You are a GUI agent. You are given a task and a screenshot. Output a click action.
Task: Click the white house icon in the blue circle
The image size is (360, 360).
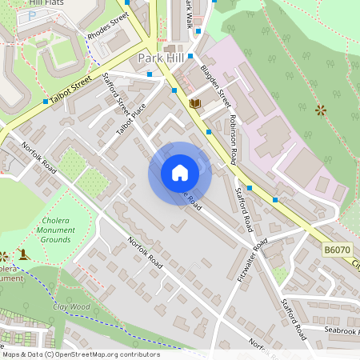pyautogui.click(x=179, y=173)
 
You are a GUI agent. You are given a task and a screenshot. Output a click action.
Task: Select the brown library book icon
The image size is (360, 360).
pyautogui.click(x=194, y=103)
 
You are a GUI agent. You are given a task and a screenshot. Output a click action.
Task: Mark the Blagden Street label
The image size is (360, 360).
pyautogui.click(x=216, y=86)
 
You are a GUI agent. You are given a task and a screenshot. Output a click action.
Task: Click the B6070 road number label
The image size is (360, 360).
pyautogui.click(x=338, y=251)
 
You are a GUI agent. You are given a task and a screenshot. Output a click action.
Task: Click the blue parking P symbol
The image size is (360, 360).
pyautogui.click(x=31, y=16)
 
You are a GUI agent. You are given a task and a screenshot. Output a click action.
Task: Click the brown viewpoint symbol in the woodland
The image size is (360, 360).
pyautogui.click(x=321, y=109)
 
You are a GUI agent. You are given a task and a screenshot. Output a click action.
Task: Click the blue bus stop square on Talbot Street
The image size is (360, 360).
pyautogui.click(x=45, y=102)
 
